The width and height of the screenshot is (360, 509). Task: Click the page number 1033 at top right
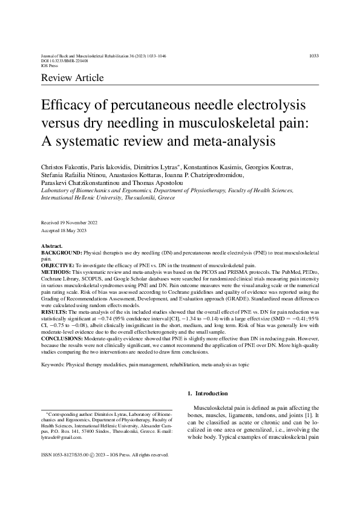(313, 56)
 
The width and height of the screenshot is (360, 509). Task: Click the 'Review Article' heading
(72, 78)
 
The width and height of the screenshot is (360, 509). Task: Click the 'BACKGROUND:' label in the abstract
(61, 253)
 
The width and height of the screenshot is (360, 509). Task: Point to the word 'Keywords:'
(53, 365)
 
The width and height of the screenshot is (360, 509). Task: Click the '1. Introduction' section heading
(208, 394)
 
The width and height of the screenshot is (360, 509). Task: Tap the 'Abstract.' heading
(51, 247)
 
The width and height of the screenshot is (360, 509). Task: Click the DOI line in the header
(64, 61)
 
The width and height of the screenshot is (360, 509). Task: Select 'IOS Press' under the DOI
(48, 66)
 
